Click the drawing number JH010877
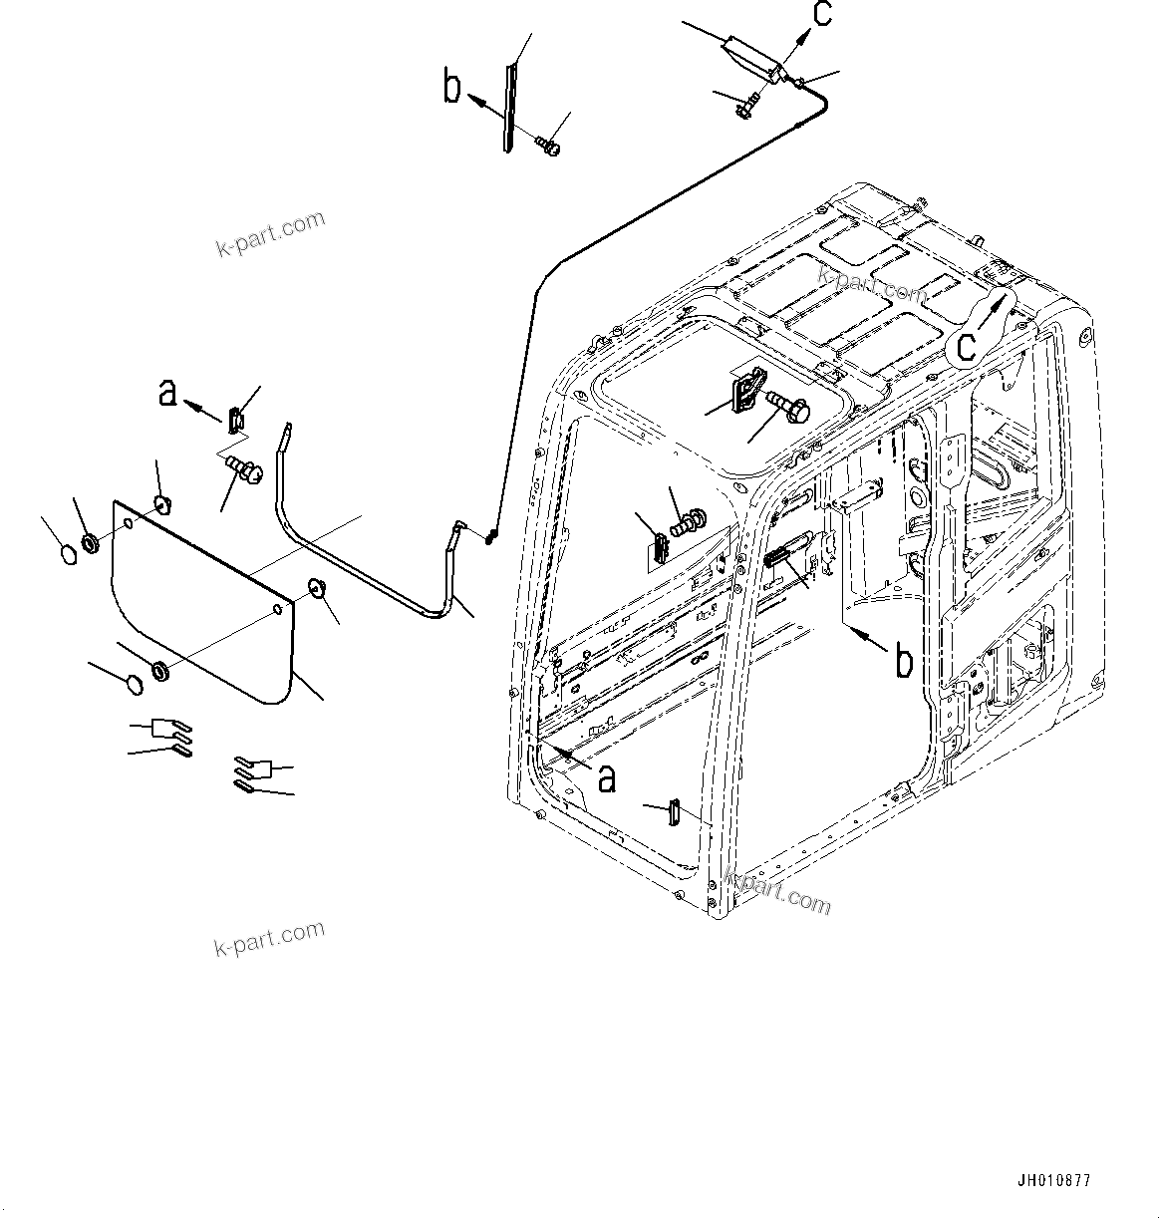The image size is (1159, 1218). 1053,1181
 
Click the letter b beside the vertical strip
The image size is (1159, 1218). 452,88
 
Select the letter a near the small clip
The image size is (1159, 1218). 168,393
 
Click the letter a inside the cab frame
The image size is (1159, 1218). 605,777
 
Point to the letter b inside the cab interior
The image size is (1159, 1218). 903,661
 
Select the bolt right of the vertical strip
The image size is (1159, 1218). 547,148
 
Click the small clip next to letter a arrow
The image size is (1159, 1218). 235,419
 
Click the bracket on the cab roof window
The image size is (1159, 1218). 748,389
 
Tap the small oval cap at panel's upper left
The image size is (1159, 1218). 67,554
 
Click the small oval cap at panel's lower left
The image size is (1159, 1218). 130,684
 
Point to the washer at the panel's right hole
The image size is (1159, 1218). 316,587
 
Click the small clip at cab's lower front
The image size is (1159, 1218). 673,811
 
